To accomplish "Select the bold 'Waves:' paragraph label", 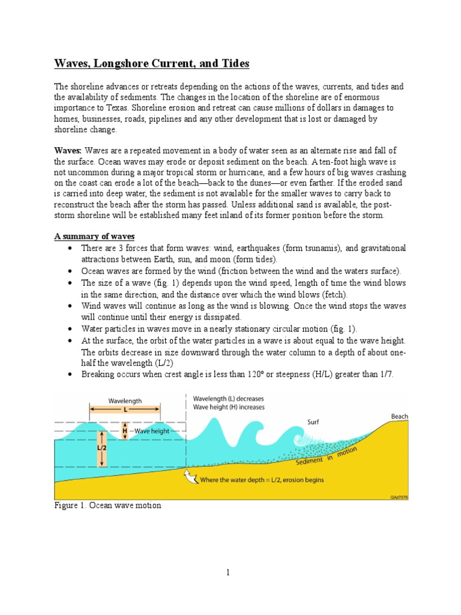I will click(68, 150).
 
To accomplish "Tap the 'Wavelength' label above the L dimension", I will click(125, 400).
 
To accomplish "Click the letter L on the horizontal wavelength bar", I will click(125, 410).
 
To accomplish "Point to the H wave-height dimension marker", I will click(125, 431).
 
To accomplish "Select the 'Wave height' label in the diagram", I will click(152, 431).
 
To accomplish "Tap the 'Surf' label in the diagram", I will click(314, 422).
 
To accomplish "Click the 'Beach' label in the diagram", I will click(399, 416).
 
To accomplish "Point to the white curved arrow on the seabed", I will click(190, 477).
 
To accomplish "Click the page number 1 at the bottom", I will click(229, 573).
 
